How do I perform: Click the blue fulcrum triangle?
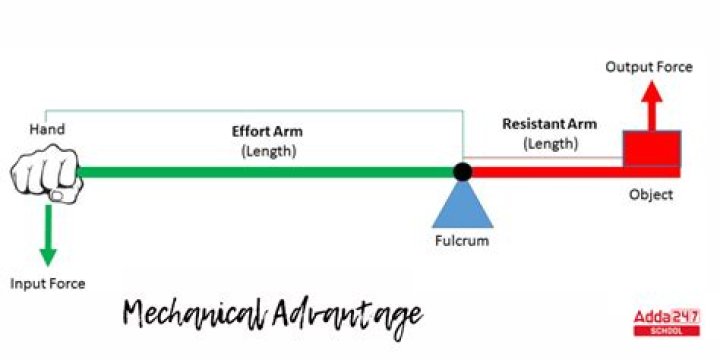click(x=462, y=204)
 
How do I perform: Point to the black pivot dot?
click(x=462, y=172)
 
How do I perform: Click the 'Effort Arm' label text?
click(x=267, y=131)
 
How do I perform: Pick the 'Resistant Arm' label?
click(x=549, y=125)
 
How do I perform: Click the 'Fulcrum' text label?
click(x=462, y=241)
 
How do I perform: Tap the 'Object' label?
click(x=651, y=194)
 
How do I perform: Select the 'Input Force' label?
click(x=48, y=283)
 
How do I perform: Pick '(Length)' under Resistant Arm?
click(x=550, y=144)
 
